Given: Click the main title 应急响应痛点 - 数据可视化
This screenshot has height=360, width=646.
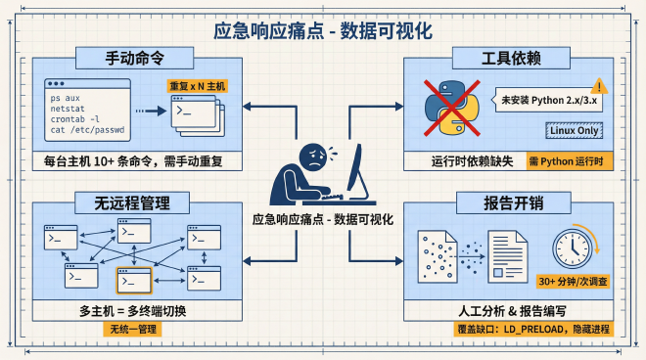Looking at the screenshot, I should coord(322,30).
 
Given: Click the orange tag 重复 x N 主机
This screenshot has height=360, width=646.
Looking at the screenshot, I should coord(196,86).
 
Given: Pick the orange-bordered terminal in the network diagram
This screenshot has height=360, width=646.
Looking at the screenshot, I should coord(133,281).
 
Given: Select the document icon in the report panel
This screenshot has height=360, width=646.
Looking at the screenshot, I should coord(508,253).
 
